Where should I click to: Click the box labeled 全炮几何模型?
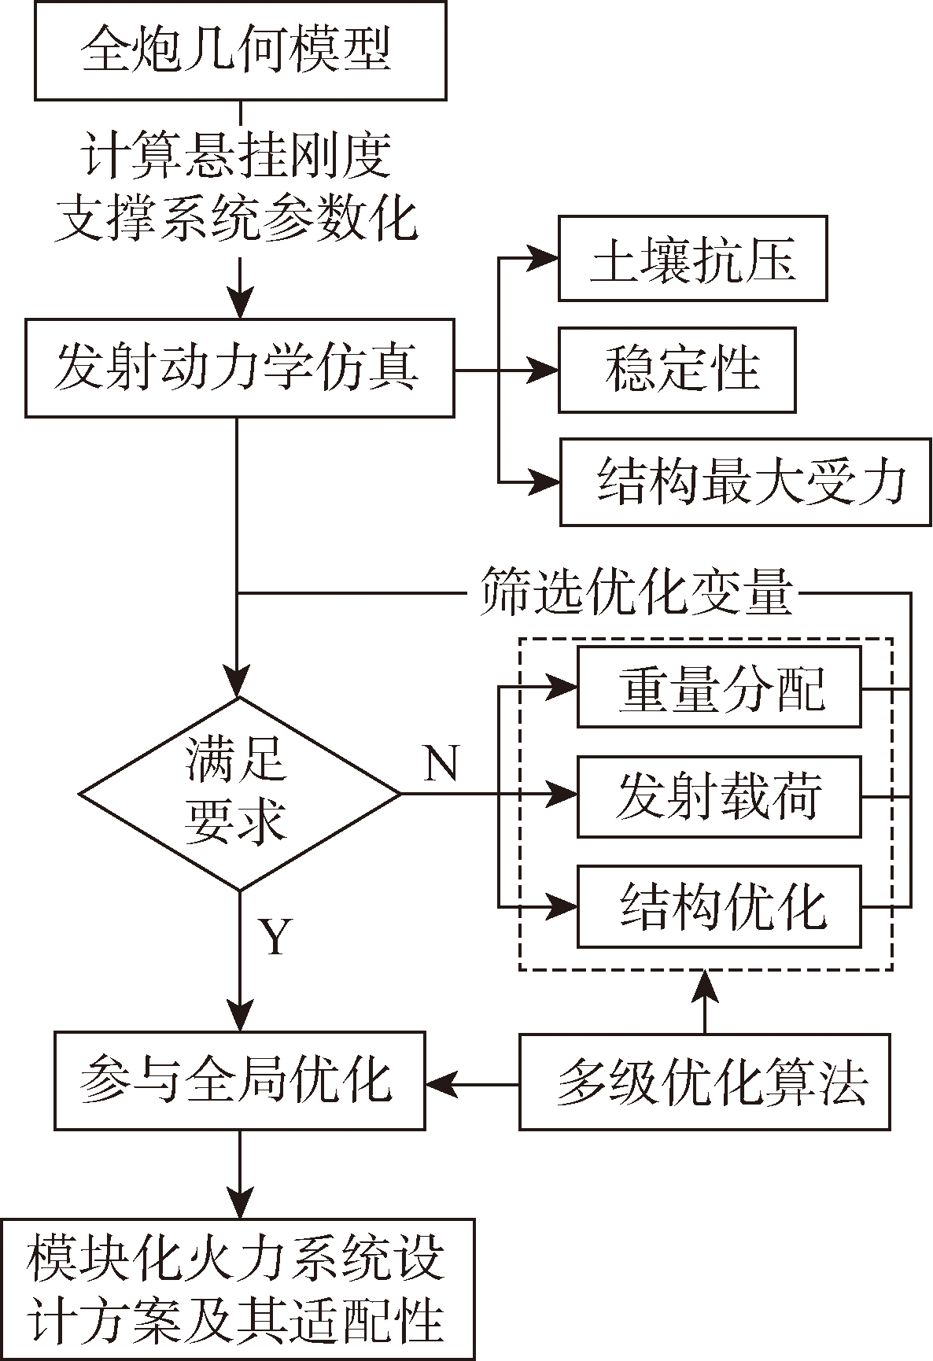point(240,50)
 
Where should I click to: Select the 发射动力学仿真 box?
point(239,367)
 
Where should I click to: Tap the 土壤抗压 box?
point(692,259)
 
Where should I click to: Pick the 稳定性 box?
point(677,370)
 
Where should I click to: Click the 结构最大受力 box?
point(745,481)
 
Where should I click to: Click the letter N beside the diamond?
point(441,763)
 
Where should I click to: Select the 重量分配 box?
point(719,687)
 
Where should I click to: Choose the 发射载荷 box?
point(719,796)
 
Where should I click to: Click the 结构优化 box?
point(719,906)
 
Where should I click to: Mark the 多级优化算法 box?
point(705,1083)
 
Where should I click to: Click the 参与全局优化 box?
point(239,1081)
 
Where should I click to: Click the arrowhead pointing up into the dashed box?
point(705,983)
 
